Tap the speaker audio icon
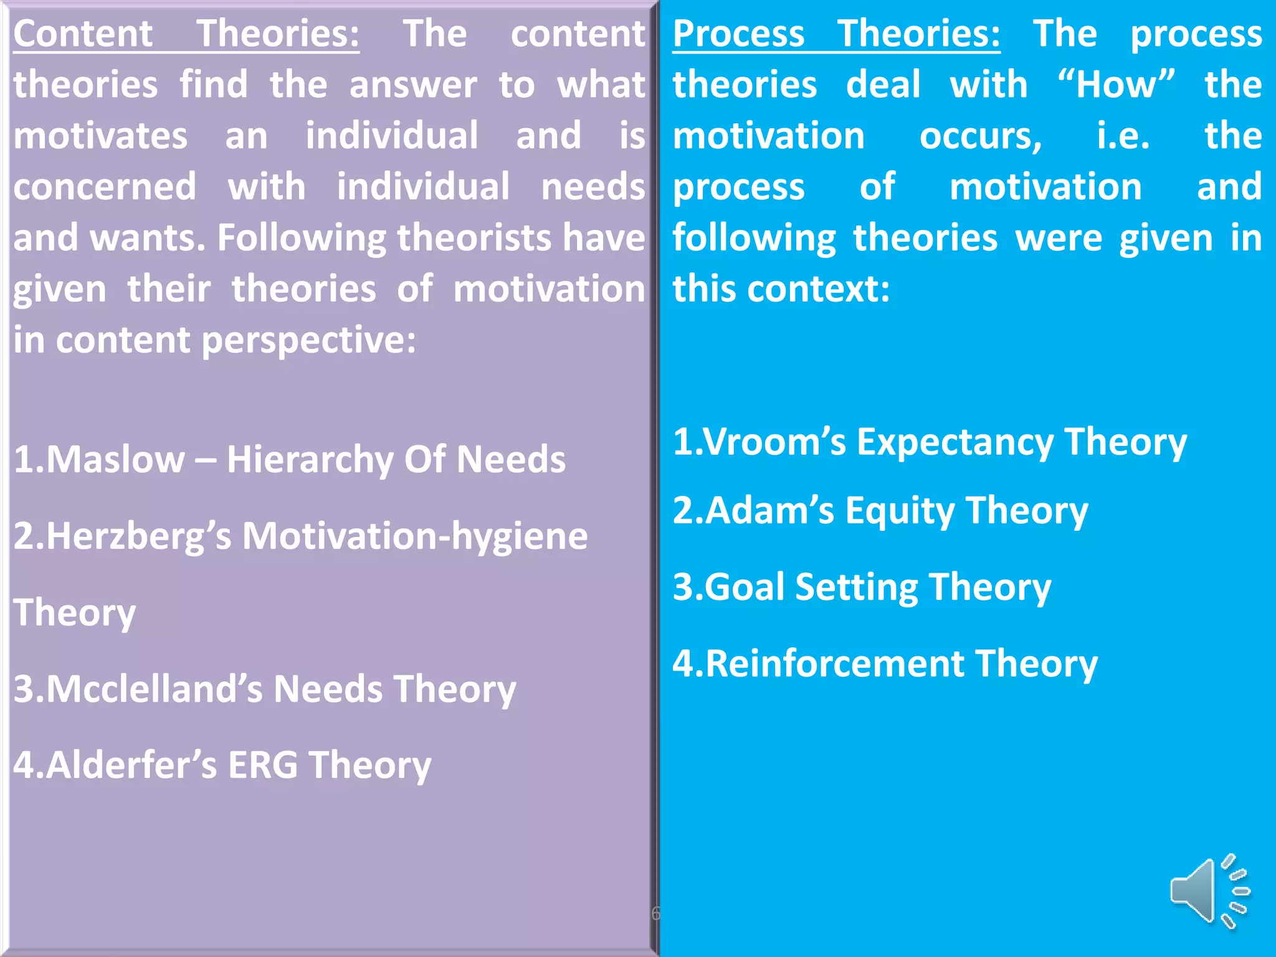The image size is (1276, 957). [1209, 890]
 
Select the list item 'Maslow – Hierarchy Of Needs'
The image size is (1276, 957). [290, 460]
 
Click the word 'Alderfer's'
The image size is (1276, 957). [116, 765]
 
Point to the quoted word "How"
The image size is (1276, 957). [1116, 84]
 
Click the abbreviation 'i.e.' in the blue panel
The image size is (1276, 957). [1123, 136]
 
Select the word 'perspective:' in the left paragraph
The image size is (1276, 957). [308, 341]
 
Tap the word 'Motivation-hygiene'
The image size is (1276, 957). [415, 536]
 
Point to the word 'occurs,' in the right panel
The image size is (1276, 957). [981, 136]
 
